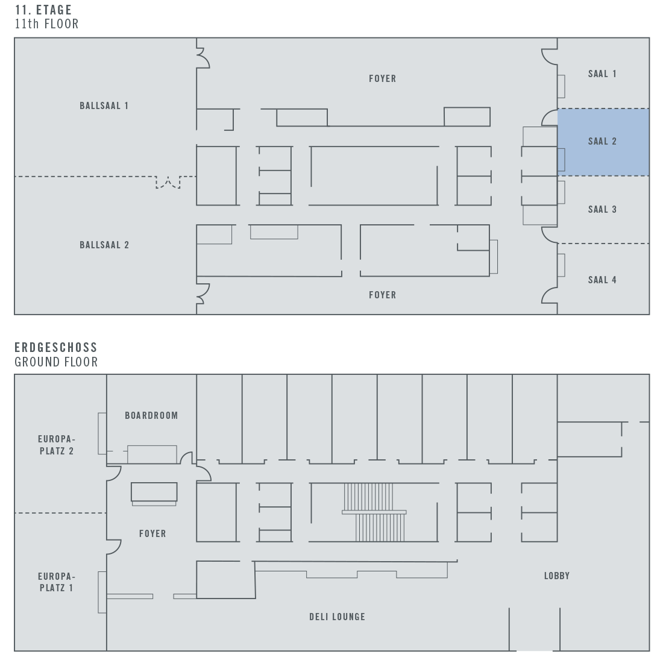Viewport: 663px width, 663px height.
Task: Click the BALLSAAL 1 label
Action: click(x=104, y=105)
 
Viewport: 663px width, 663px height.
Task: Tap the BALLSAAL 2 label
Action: click(x=104, y=245)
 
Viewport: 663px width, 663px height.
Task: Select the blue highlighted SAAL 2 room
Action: click(x=603, y=142)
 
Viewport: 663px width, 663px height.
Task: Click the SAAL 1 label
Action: click(x=602, y=74)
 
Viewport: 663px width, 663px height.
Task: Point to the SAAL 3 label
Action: click(x=602, y=209)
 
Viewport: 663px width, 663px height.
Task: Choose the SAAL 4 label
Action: click(x=602, y=279)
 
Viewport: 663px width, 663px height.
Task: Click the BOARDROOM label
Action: click(x=151, y=415)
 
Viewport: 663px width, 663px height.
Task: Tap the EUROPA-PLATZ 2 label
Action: click(x=55, y=445)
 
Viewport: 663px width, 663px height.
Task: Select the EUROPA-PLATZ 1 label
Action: click(x=56, y=582)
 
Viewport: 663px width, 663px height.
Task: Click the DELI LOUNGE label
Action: click(x=337, y=617)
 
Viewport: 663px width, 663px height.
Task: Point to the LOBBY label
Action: click(x=556, y=576)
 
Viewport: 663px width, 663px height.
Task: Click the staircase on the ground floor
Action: click(x=374, y=512)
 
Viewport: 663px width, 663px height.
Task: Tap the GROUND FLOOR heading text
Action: click(x=56, y=362)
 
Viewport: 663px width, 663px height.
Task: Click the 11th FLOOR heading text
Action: click(x=46, y=24)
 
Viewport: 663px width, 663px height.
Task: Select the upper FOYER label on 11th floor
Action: click(x=382, y=78)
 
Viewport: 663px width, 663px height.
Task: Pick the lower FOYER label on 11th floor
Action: click(x=382, y=295)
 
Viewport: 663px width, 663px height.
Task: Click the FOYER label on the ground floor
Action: click(x=152, y=533)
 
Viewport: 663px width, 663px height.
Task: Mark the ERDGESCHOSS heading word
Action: click(x=56, y=348)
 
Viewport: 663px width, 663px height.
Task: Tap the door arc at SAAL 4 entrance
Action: click(x=549, y=295)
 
